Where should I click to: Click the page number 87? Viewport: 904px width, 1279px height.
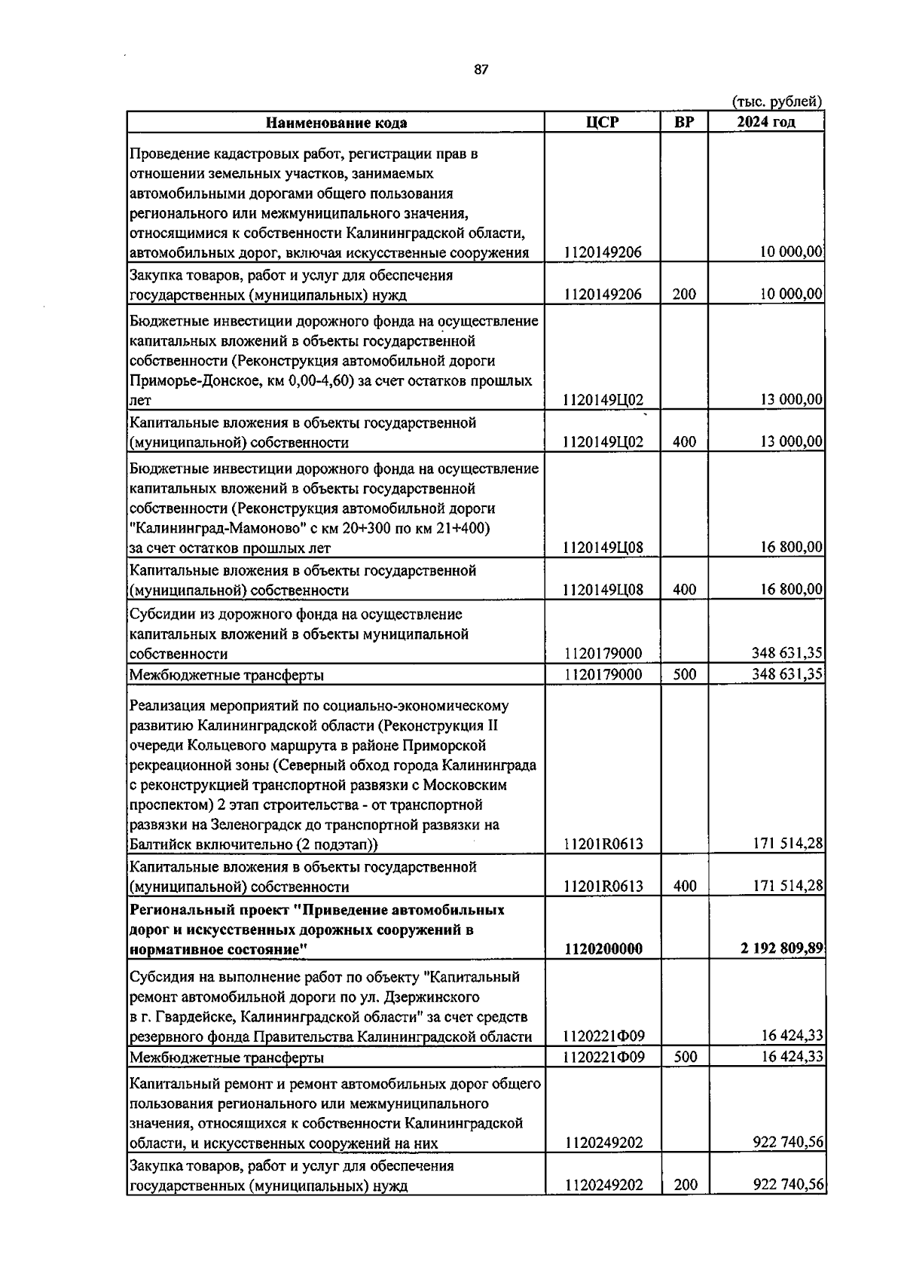coord(481,69)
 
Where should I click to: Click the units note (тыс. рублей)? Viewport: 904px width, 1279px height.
coord(777,101)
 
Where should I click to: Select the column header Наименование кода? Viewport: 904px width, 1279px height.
coord(336,123)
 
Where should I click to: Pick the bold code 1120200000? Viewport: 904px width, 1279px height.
coord(603,949)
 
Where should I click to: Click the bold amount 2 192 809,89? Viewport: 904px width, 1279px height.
coord(782,948)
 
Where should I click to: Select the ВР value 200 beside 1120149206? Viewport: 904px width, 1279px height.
coord(684,295)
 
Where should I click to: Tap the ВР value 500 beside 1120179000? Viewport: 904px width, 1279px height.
coord(684,674)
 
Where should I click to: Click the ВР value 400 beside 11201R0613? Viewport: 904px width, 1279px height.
coord(684,887)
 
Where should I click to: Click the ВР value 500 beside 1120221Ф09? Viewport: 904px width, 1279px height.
coord(684,1057)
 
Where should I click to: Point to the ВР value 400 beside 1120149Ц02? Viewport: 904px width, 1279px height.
coord(684,442)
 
